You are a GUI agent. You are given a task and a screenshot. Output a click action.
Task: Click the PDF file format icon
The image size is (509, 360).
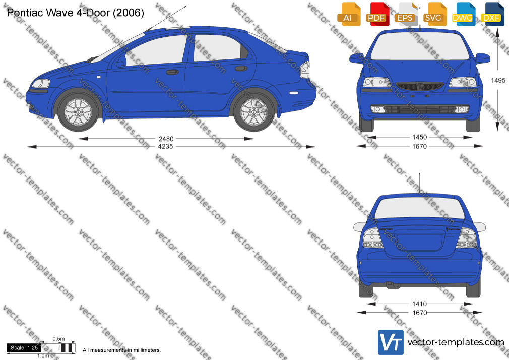pyautogui.click(x=376, y=14)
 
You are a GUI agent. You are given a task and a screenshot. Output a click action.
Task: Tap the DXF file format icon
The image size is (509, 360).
pyautogui.click(x=491, y=14)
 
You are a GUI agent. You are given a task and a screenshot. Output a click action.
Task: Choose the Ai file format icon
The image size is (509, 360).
pyautogui.click(x=348, y=14)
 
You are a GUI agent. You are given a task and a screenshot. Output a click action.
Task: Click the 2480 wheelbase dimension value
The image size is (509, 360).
pyautogui.click(x=166, y=139)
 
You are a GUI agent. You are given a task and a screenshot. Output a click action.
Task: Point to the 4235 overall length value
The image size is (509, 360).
pyautogui.click(x=166, y=147)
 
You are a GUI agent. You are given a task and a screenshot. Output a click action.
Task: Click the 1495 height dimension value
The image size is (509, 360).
pyautogui.click(x=498, y=80)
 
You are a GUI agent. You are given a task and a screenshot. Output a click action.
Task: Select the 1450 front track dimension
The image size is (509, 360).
pyautogui.click(x=419, y=138)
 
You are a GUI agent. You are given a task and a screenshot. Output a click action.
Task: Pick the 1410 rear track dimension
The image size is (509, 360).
pyautogui.click(x=419, y=304)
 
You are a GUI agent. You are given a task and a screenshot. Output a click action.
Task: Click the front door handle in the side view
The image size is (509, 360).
pyautogui.click(x=172, y=72)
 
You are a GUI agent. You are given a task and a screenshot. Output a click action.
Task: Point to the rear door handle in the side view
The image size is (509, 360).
pyautogui.click(x=241, y=68)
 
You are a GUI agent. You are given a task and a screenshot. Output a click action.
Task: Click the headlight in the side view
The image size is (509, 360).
pyautogui.click(x=41, y=84)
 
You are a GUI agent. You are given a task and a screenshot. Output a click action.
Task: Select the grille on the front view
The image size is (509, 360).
pyautogui.click(x=419, y=86)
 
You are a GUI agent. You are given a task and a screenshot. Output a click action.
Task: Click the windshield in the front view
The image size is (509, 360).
pyautogui.click(x=419, y=45)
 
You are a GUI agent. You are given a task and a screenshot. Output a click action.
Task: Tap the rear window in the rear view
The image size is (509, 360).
pyautogui.click(x=419, y=208)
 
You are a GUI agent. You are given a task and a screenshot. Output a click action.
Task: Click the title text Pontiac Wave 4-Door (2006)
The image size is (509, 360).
pyautogui.click(x=75, y=13)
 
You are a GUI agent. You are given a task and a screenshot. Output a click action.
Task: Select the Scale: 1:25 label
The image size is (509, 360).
pyautogui.click(x=24, y=348)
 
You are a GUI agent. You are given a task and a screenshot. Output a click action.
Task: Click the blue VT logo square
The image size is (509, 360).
pyautogui.click(x=391, y=342)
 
